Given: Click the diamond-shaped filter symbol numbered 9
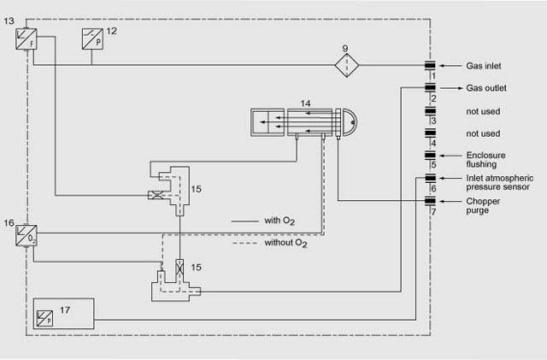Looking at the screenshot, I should click(x=347, y=65).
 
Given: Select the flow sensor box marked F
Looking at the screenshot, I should click(x=27, y=39).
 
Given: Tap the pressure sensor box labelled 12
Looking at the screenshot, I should click(x=91, y=39).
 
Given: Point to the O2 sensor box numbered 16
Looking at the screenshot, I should click(x=27, y=234).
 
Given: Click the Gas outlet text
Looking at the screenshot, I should click(x=485, y=87).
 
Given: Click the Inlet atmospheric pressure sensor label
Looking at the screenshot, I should click(x=498, y=182).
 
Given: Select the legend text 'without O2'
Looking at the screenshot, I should click(x=285, y=244).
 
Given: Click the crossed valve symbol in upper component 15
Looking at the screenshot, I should click(x=156, y=195).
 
